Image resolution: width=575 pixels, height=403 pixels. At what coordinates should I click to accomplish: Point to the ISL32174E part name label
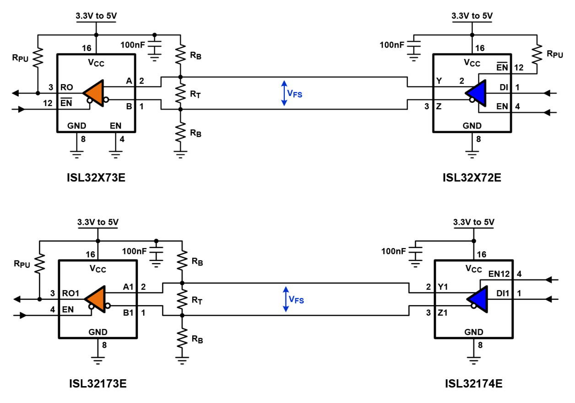point(474,383)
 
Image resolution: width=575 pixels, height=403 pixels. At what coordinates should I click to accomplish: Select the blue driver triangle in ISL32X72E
point(476,93)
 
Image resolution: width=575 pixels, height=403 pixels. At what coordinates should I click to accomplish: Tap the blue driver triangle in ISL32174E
point(477,299)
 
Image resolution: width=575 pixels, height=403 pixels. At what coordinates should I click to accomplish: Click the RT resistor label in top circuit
point(196,94)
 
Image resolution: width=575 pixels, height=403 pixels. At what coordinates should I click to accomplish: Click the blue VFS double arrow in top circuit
point(284,93)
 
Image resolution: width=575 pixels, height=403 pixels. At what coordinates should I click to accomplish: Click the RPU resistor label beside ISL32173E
point(23,264)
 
